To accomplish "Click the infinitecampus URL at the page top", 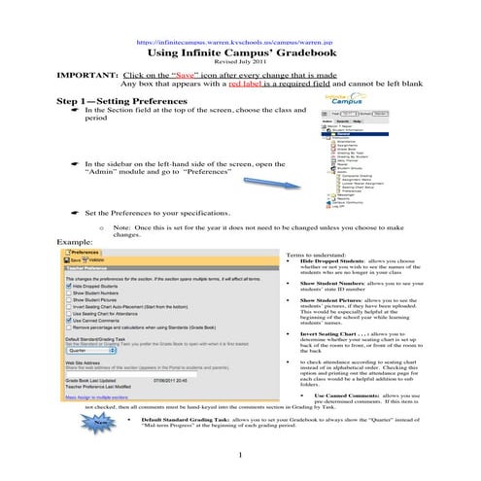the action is (x=240, y=44).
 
